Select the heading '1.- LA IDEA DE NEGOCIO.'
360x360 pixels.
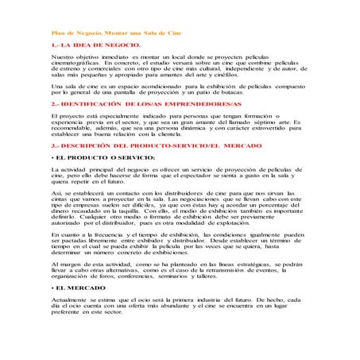click(85, 48)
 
